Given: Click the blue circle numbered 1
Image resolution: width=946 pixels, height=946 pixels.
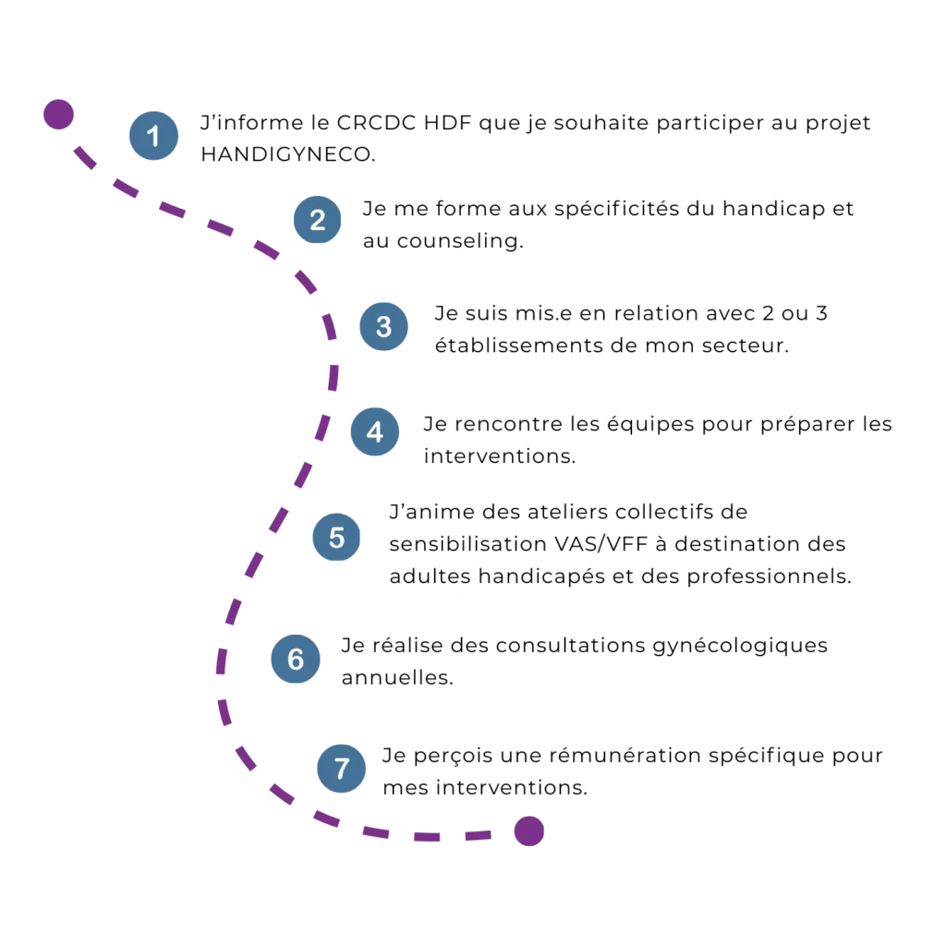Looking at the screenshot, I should [x=153, y=136].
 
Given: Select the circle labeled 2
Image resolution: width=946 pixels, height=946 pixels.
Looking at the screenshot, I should [x=317, y=220].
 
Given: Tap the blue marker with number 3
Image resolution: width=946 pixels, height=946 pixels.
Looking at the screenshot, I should [x=383, y=326].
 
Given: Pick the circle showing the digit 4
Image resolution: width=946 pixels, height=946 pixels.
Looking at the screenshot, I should [x=374, y=431].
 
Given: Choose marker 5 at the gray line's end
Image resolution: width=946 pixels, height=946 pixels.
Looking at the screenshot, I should [x=336, y=537].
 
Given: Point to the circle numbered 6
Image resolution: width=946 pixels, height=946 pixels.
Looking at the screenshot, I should [x=295, y=659].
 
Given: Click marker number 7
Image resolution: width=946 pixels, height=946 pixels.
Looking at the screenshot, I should [x=342, y=768].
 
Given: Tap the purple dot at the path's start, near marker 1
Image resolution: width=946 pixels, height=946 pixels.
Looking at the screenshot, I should [x=57, y=115].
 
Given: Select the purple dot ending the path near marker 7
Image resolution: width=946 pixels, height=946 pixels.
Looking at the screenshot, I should [x=528, y=831].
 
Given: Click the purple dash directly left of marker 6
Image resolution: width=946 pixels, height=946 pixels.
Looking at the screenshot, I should [x=222, y=659].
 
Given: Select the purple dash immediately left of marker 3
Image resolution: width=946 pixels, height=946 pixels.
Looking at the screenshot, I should [x=328, y=326].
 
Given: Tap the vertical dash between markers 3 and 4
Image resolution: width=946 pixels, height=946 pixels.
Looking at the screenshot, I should [x=333, y=378].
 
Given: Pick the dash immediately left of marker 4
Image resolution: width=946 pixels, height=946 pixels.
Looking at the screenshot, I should [x=321, y=428].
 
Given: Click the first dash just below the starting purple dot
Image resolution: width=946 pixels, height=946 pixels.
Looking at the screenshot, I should [x=84, y=157].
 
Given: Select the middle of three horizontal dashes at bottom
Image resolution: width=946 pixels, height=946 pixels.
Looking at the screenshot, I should [x=425, y=835].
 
